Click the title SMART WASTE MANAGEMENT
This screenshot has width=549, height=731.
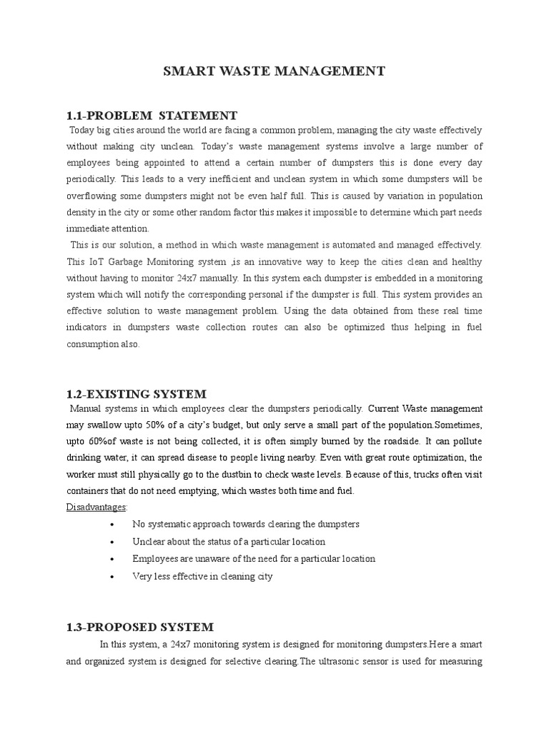click(x=274, y=71)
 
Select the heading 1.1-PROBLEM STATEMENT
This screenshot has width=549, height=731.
click(x=152, y=115)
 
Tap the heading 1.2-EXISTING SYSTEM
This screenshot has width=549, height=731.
click(x=136, y=393)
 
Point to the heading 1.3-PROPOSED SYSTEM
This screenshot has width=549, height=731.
click(x=139, y=627)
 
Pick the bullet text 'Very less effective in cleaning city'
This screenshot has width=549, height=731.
click(x=202, y=575)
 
